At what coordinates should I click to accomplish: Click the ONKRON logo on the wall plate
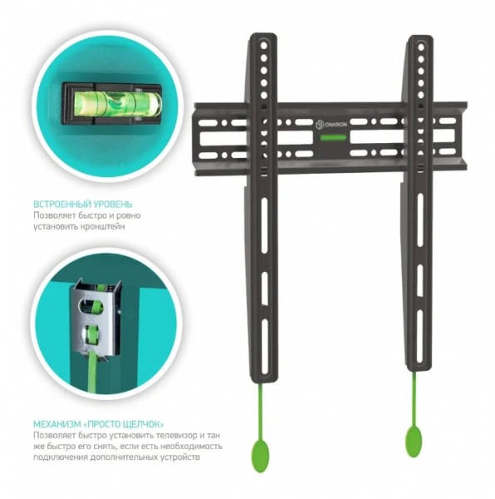(331, 125)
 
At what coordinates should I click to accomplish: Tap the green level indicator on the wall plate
(333, 138)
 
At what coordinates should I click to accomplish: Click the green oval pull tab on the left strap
(260, 456)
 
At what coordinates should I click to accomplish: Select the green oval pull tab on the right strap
(413, 442)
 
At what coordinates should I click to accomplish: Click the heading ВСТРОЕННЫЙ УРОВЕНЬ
(82, 204)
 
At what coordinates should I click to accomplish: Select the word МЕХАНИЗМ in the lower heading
(57, 424)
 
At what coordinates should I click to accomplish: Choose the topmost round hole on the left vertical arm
(264, 46)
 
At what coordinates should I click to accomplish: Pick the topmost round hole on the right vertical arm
(421, 47)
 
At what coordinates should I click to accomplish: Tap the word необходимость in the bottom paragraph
(191, 446)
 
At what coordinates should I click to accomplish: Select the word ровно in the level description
(129, 215)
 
